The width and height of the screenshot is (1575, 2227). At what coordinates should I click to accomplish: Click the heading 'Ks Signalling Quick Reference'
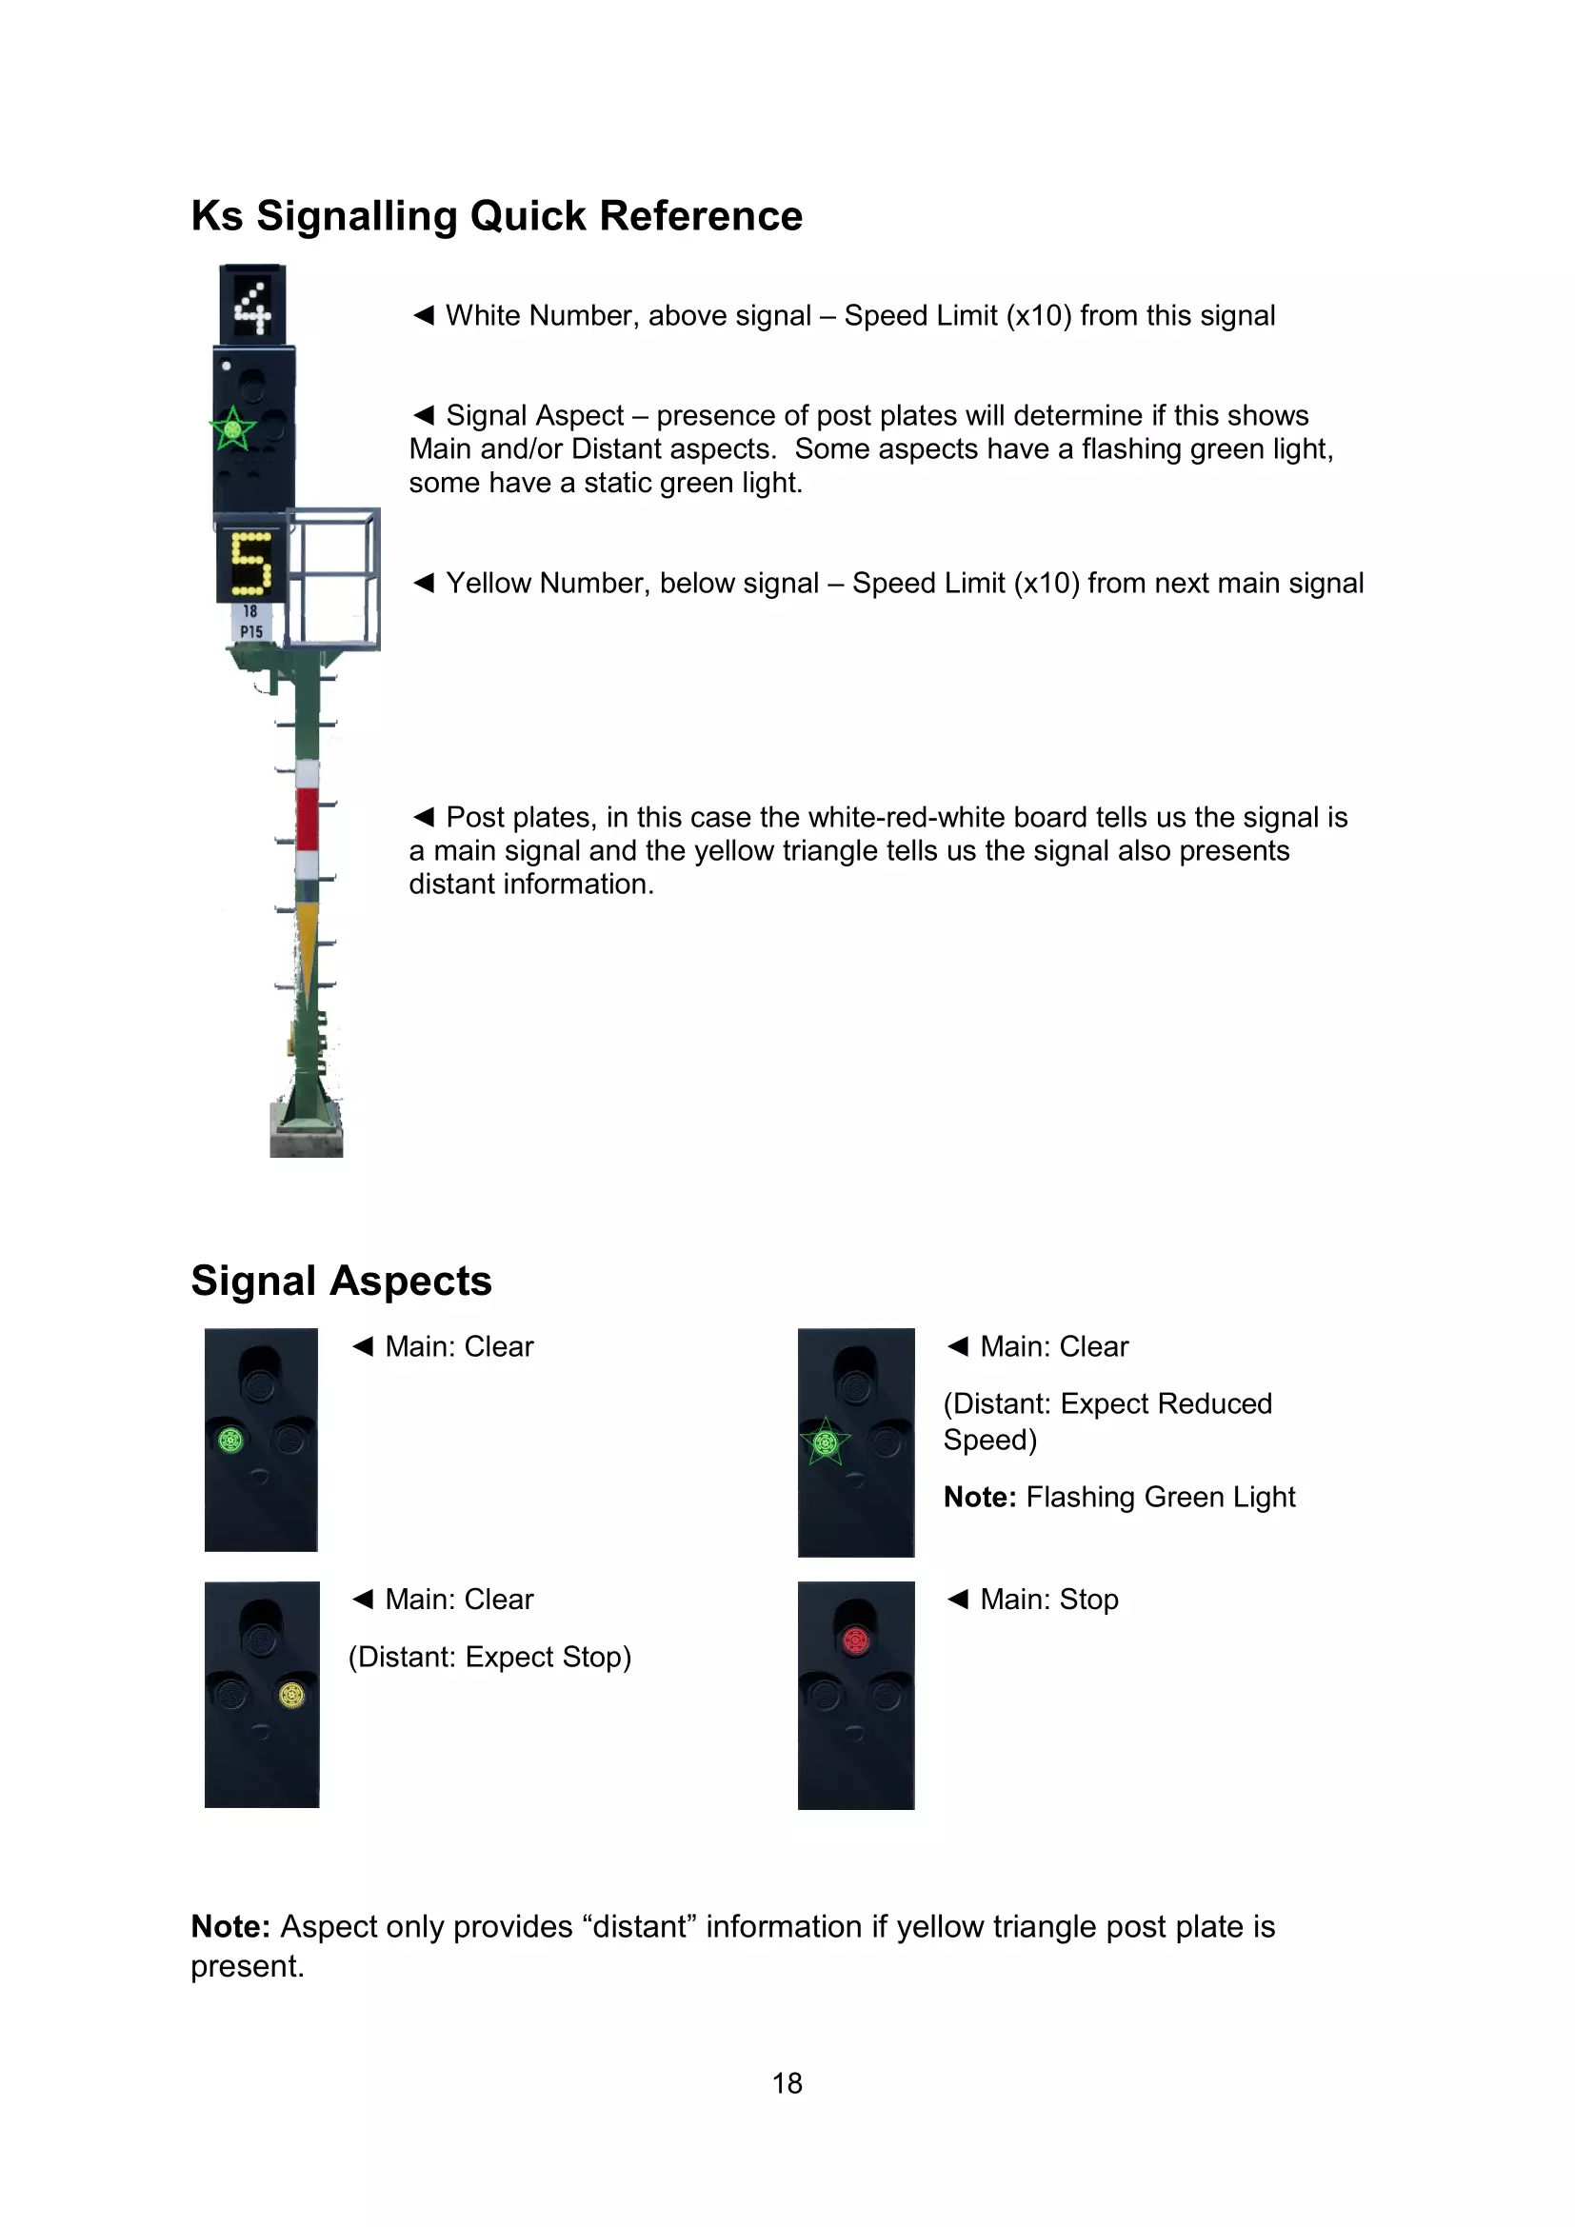(496, 216)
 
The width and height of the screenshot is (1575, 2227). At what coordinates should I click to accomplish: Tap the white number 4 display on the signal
(252, 307)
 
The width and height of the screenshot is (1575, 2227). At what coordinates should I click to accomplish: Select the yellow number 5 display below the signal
(251, 565)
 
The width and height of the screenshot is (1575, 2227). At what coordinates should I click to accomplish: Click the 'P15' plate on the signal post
(251, 631)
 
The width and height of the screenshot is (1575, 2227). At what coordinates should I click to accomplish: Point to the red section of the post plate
(308, 819)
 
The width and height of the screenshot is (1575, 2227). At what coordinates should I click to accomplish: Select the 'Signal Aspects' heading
(342, 1282)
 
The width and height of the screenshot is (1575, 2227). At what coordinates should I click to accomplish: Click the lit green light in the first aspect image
(230, 1441)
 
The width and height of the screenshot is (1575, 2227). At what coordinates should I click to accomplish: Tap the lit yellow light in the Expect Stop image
(292, 1696)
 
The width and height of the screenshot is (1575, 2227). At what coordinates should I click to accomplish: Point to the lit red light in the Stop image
(855, 1640)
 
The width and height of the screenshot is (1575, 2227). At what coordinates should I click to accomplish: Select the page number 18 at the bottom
(787, 2083)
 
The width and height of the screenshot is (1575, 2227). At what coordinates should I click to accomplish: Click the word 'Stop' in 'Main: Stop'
(1089, 1600)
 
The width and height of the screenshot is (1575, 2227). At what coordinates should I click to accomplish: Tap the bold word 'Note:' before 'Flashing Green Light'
(980, 1498)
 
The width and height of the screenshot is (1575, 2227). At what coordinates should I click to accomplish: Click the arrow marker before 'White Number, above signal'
(423, 315)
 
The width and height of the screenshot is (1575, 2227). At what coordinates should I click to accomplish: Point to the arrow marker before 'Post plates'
(423, 817)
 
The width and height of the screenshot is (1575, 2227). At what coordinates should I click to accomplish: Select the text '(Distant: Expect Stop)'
(489, 1657)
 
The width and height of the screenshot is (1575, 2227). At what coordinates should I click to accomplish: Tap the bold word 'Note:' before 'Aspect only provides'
(230, 1926)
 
